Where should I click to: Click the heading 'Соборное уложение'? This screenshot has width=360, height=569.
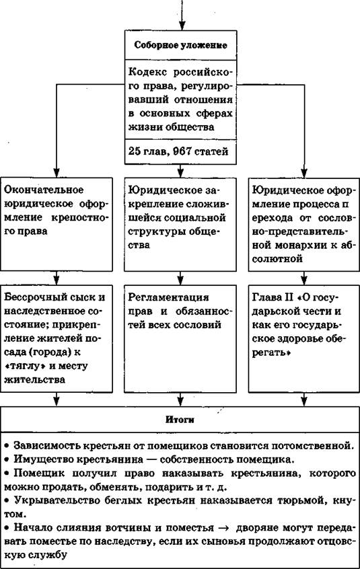pos(181,45)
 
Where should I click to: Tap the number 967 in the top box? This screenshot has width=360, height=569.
pos(182,151)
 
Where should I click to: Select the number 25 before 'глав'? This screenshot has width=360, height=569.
pos(135,151)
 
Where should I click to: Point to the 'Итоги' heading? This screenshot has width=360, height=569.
pos(180,420)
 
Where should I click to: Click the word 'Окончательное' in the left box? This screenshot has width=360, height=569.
pos(44,190)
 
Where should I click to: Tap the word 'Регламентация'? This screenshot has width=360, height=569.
pos(169,297)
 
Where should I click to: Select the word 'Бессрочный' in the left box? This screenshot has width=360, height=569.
pos(35,297)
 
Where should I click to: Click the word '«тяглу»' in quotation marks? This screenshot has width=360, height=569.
pos(25,366)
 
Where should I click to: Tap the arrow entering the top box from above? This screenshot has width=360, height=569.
pos(182,15)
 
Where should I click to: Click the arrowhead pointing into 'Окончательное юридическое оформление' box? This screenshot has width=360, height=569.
pos(57,172)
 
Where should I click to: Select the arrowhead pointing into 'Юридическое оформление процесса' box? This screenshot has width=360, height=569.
pos(304,172)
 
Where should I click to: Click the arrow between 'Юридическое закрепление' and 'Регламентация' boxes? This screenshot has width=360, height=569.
pos(180,278)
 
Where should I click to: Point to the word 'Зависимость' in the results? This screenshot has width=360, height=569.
pos(45,445)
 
